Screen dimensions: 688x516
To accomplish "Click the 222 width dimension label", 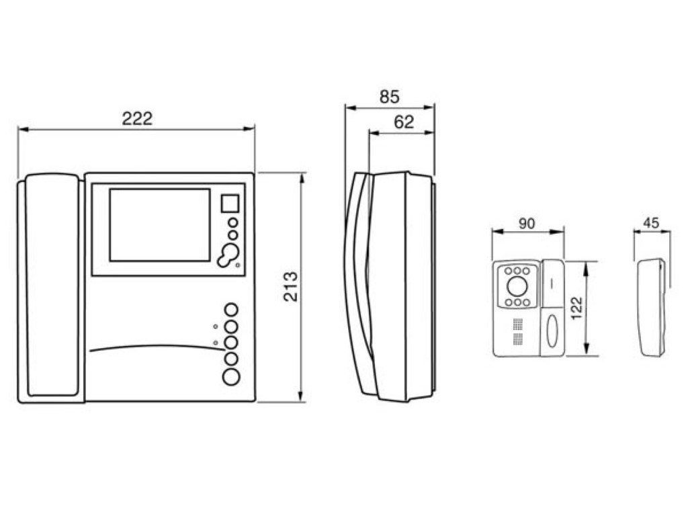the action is (137, 118).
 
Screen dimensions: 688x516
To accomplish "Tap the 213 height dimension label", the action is (291, 287).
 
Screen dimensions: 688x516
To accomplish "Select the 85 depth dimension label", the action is (390, 97).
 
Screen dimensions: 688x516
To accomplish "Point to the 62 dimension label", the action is (404, 122).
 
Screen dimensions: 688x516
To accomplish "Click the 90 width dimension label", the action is (527, 223).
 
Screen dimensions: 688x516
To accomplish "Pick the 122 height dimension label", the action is (577, 308).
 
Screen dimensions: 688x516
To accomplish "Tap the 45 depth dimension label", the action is (651, 223).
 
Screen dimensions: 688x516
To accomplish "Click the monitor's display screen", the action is (160, 225).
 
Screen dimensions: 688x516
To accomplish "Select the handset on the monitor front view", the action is (52, 285).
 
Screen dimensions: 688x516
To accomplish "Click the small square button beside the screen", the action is (230, 204).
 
